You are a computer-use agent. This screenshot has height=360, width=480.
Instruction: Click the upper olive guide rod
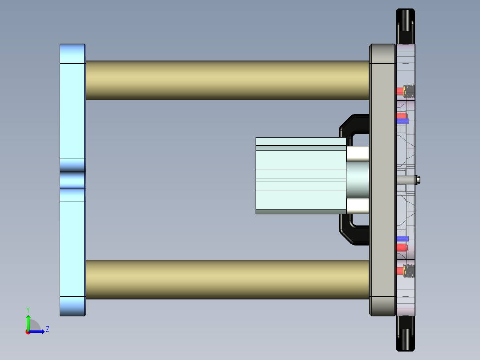tap(227, 80)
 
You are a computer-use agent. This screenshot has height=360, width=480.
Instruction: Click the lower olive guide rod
tap(227, 279)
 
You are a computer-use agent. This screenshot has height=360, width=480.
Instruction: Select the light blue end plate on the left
tap(72, 111)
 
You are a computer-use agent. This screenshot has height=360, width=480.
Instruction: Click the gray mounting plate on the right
tap(382, 178)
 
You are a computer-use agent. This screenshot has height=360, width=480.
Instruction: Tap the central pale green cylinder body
tap(301, 176)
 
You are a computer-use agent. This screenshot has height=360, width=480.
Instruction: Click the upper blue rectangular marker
tap(403, 121)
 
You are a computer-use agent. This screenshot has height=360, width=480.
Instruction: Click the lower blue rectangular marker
tap(403, 238)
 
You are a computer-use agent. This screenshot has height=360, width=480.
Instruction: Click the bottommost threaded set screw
tap(409, 271)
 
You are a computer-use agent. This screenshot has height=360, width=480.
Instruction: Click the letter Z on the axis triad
tap(47, 329)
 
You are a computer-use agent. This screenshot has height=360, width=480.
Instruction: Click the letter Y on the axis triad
tap(28, 310)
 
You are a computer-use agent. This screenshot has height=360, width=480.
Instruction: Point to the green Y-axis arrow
tap(28, 322)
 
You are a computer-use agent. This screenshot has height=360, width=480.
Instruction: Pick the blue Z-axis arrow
tap(38, 331)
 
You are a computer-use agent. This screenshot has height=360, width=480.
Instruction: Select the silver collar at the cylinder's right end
tap(357, 180)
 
